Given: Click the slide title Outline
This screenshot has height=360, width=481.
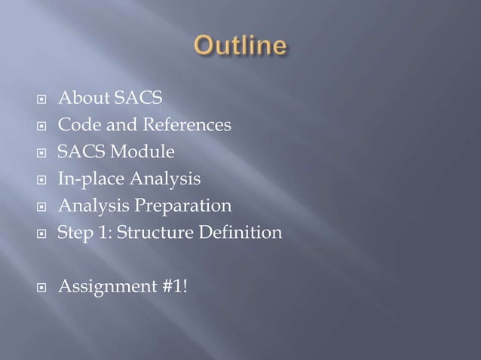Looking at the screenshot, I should pos(240,46).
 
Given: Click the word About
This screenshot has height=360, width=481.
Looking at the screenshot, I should pos(82,99).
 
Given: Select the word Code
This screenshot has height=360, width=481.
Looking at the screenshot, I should pos(76,125).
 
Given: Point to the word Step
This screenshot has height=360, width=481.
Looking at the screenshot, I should pos(74,233).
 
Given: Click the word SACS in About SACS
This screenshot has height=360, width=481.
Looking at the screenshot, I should pos(136,99).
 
